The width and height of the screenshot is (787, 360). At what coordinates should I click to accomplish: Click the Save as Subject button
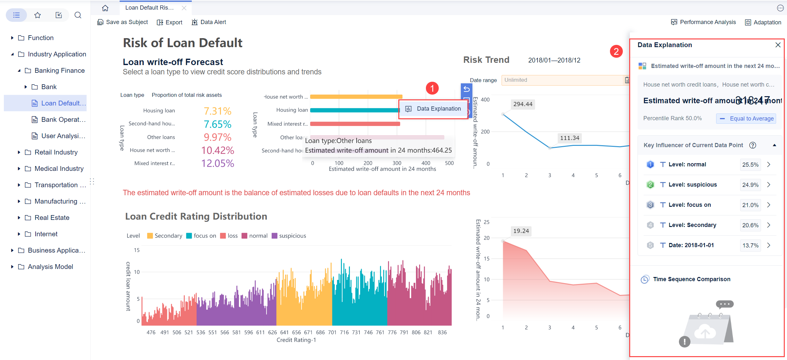123,22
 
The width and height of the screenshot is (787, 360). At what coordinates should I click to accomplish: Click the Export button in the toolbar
170,22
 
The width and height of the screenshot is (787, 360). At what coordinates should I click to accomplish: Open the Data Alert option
209,22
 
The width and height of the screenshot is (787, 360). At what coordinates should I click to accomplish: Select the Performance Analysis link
704,22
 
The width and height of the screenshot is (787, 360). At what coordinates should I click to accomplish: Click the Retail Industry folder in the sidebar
56,152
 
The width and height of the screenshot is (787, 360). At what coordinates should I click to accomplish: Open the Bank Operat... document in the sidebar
63,120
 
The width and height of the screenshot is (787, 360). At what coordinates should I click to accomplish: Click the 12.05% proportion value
217,163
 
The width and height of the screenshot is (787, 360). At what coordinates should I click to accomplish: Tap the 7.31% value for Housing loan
217,111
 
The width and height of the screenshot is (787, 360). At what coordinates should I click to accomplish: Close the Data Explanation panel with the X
778,45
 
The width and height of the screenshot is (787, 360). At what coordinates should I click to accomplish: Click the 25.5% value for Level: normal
750,165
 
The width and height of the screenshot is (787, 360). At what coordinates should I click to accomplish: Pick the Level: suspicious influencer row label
692,185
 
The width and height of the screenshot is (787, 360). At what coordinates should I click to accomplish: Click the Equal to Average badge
746,119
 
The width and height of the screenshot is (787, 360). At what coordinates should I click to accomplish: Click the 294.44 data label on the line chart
522,104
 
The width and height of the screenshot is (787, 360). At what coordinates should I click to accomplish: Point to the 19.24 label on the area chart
521,231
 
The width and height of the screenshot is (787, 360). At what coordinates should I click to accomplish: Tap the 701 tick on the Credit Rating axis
332,332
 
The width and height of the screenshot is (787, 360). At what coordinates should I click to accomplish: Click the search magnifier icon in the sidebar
78,15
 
